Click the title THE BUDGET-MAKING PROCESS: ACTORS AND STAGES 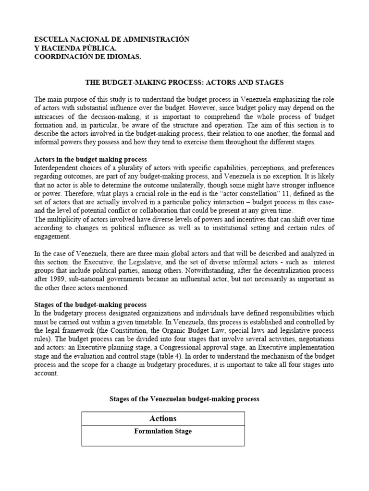[x=184, y=82]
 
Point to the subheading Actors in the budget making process [x=91, y=159]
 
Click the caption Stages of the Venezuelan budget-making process [x=184, y=399]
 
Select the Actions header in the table [x=163, y=419]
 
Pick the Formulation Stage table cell [x=163, y=432]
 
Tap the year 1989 [x=59, y=279]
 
